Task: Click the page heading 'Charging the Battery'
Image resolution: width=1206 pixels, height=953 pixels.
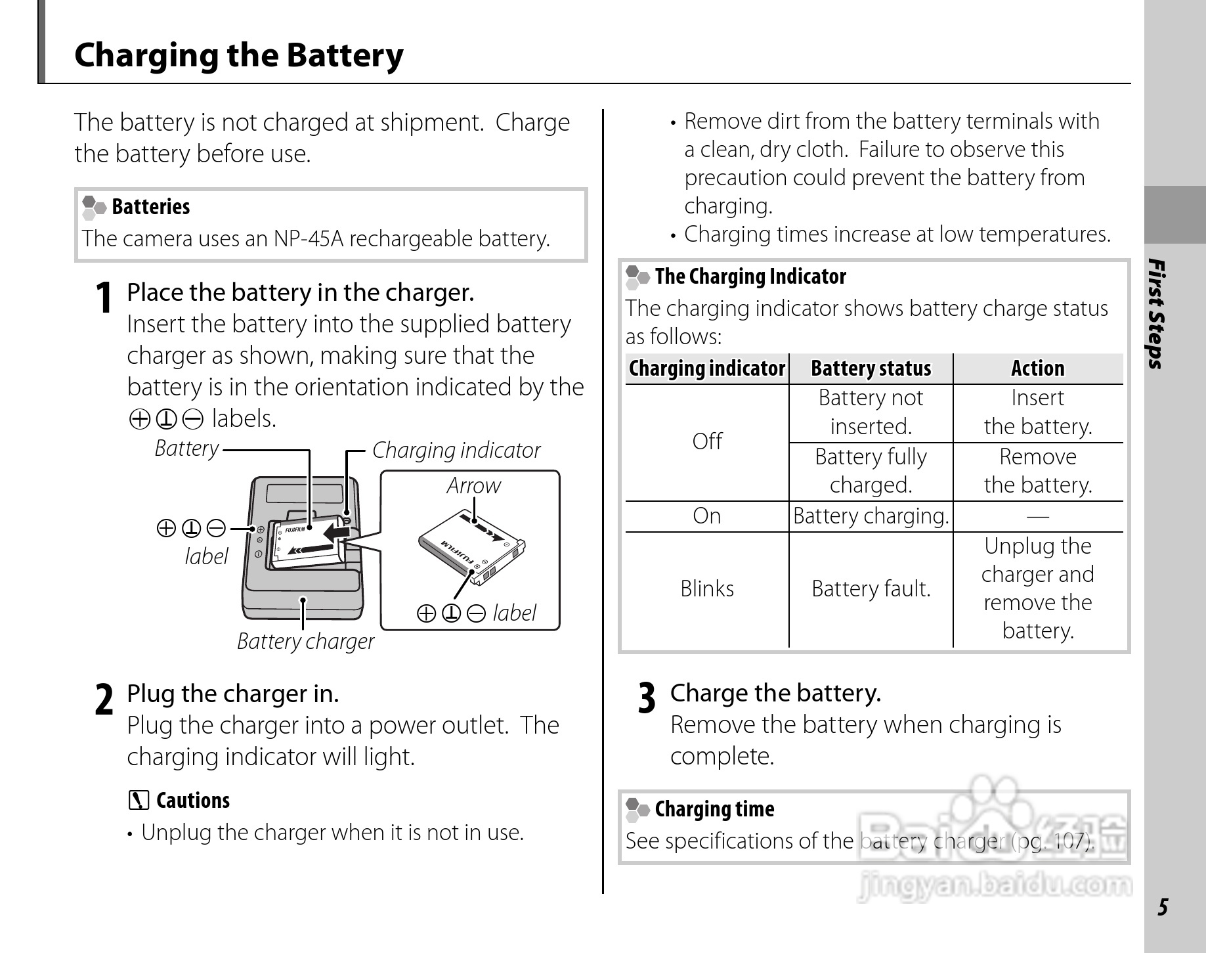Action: pos(239,55)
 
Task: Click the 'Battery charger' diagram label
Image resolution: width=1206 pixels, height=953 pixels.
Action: pos(305,641)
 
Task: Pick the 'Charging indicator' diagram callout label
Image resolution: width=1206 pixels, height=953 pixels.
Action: pos(456,451)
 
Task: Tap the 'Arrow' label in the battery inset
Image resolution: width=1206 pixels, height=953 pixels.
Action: pos(473,486)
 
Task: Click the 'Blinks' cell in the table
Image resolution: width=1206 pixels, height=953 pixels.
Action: pos(706,588)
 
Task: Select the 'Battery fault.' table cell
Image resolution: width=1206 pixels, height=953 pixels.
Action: pos(871,588)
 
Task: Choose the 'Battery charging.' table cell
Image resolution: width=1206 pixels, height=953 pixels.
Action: pos(871,516)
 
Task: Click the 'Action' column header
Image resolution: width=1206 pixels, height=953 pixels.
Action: pos(1037,368)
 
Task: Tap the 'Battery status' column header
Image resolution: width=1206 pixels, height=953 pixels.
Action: pos(871,368)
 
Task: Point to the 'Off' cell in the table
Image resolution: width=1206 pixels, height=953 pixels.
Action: pos(706,441)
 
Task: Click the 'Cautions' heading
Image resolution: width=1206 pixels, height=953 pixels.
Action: pos(192,801)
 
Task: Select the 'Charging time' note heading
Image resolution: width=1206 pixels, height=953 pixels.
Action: pos(714,809)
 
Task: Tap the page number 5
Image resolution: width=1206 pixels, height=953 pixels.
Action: pos(1163,907)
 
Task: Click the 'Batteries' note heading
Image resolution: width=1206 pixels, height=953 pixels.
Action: pos(150,207)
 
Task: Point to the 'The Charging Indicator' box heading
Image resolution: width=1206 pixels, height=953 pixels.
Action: pos(750,277)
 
